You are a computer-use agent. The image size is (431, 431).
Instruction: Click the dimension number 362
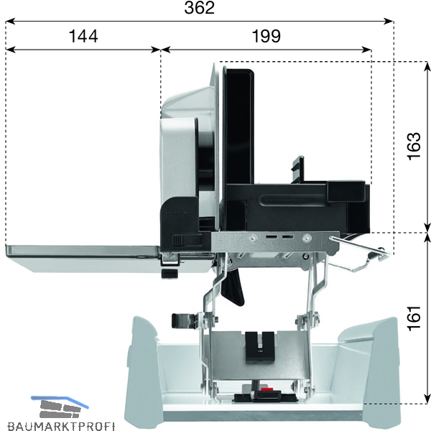(x=199, y=8)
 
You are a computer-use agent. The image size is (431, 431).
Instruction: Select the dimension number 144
(x=83, y=36)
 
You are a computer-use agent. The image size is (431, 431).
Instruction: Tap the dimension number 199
(x=266, y=36)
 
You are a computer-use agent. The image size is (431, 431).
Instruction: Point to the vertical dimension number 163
(x=414, y=146)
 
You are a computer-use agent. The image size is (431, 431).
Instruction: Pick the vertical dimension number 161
(x=414, y=318)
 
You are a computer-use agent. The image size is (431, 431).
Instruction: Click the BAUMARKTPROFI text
(x=61, y=426)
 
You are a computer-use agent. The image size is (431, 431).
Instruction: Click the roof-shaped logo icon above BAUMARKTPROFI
(x=60, y=407)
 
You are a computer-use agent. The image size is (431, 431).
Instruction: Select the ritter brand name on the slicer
(x=179, y=214)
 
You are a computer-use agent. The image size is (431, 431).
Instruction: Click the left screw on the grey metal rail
(x=251, y=238)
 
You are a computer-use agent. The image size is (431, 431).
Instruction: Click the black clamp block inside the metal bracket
(x=260, y=347)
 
